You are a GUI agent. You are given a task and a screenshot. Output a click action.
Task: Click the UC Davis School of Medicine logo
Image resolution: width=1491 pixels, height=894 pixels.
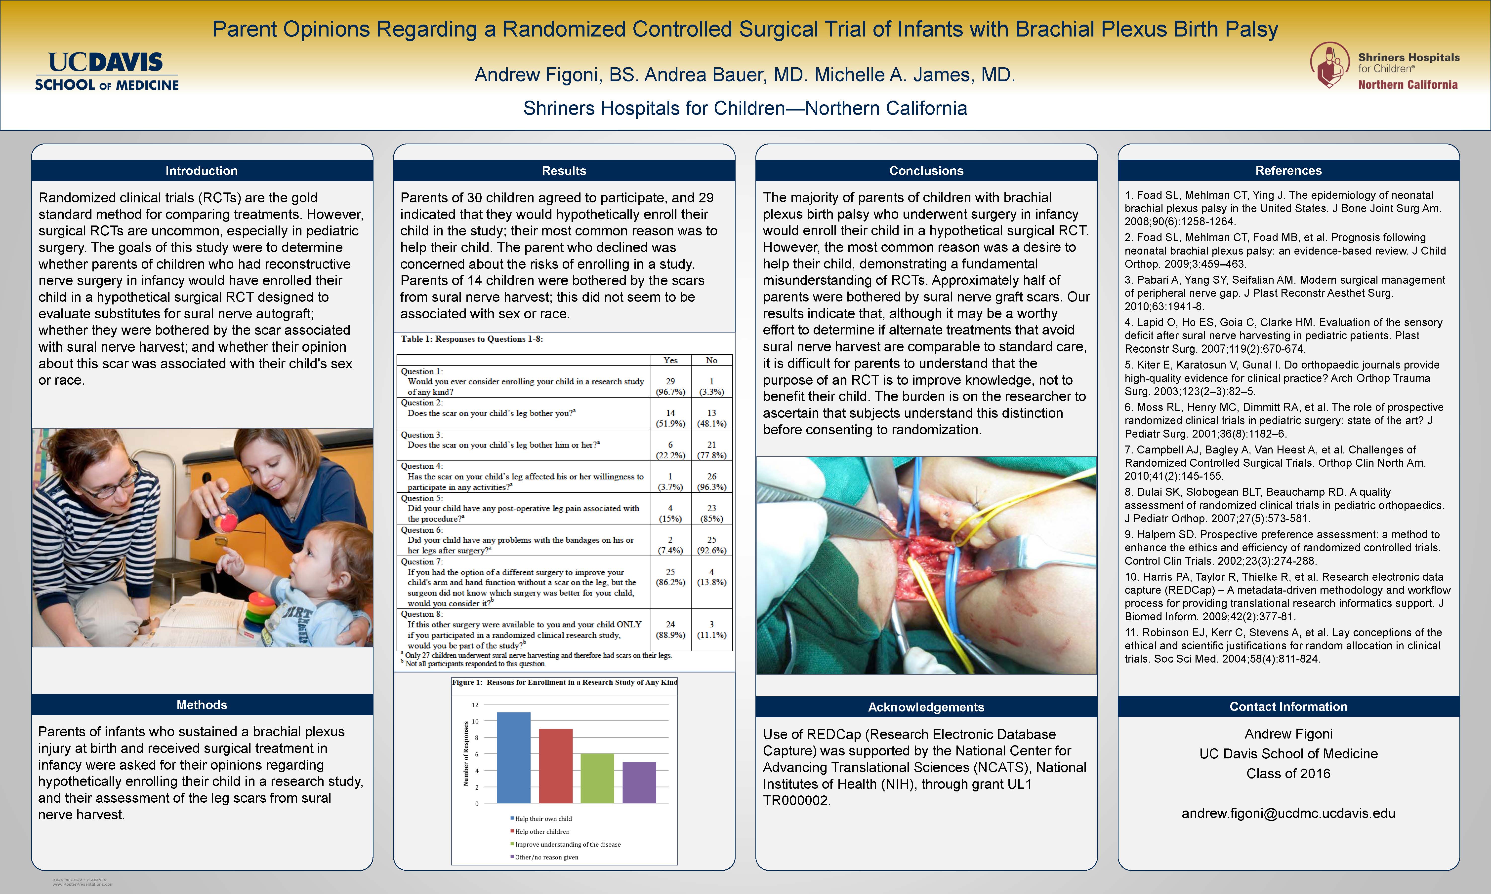point(107,71)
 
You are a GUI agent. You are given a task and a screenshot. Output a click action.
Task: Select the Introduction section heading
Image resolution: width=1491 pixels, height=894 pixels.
point(201,171)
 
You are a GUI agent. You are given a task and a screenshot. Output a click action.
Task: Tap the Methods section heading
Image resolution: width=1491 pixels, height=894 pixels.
point(201,705)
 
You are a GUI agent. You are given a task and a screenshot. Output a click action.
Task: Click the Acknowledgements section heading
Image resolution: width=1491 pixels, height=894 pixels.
point(926,707)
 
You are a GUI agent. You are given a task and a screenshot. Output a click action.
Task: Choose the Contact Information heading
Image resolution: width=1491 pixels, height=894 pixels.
point(1288,707)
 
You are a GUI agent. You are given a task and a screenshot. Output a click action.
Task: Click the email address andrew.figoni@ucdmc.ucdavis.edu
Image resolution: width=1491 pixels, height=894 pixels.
point(1288,813)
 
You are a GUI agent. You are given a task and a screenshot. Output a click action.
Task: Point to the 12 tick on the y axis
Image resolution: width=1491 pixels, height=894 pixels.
point(476,705)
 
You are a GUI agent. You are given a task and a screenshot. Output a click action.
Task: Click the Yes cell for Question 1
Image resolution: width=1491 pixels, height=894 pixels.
point(670,386)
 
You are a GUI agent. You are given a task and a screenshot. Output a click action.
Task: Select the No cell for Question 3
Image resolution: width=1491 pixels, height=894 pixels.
point(711,449)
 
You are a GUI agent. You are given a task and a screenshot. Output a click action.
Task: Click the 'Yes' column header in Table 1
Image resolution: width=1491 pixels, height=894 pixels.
point(670,360)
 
